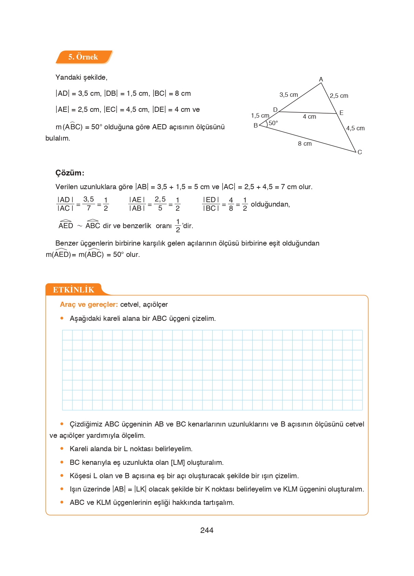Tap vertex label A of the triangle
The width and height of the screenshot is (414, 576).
[321, 79]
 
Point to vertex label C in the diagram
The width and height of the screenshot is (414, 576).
[360, 152]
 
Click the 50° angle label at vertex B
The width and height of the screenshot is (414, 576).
[273, 123]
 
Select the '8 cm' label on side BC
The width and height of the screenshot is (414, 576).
[305, 144]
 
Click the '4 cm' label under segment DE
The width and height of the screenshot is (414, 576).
[309, 117]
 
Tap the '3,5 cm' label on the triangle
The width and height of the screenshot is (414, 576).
[289, 95]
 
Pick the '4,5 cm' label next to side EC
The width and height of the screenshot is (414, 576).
[355, 128]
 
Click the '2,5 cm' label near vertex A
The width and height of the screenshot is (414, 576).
[339, 96]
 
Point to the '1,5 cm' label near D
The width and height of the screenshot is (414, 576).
[260, 116]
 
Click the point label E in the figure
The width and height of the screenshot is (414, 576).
[341, 113]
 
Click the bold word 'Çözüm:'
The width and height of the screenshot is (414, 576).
[70, 173]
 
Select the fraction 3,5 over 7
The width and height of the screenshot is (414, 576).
[89, 204]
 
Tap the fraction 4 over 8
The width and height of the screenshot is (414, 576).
[231, 204]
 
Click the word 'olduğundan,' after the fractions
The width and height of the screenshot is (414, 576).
[270, 204]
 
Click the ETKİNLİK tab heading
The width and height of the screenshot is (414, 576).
[74, 290]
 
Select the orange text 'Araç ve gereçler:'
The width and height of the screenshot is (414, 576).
[89, 304]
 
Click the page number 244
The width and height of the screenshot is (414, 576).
[207, 530]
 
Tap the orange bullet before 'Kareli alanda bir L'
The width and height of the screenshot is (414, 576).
[62, 448]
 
